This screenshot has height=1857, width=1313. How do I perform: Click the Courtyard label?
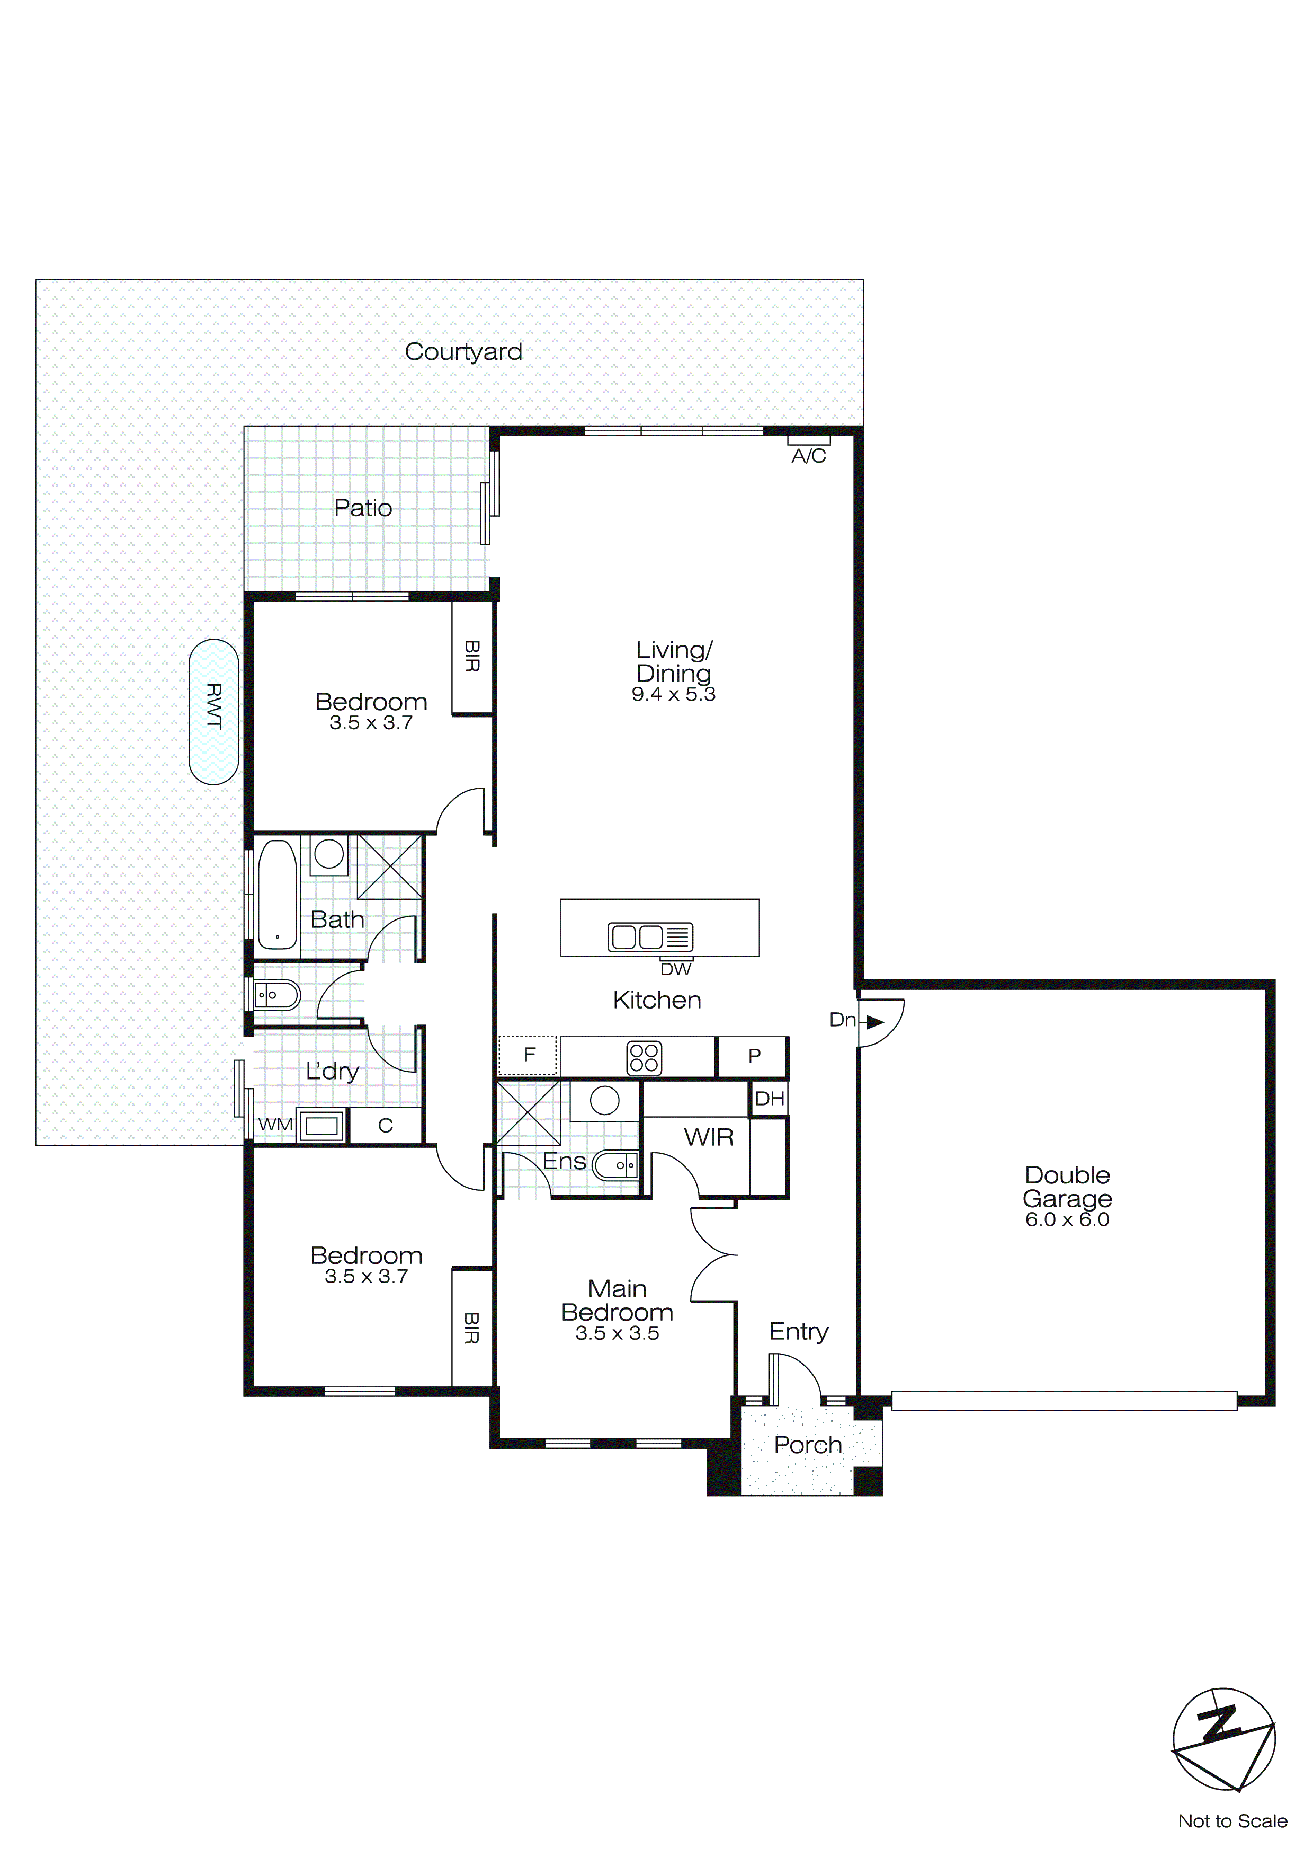(x=463, y=352)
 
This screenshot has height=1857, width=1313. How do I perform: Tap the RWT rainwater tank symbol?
(x=213, y=712)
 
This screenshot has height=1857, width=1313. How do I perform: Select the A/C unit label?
(x=808, y=456)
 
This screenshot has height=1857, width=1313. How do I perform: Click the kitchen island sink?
(x=650, y=936)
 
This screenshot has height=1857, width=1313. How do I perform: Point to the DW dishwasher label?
(x=676, y=969)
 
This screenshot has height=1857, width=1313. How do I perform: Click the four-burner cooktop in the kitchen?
(x=644, y=1058)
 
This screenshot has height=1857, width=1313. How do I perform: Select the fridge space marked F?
(x=528, y=1055)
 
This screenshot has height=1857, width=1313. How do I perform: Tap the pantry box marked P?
(x=754, y=1056)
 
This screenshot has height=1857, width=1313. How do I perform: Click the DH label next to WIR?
(x=769, y=1098)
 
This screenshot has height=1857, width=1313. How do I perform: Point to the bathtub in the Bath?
(x=276, y=895)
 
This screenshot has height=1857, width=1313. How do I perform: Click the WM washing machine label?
(x=275, y=1125)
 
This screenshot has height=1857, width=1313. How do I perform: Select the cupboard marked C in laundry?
(x=386, y=1125)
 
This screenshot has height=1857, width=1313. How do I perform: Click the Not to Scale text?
(x=1232, y=1821)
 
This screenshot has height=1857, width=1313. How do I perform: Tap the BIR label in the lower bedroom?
(x=471, y=1328)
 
